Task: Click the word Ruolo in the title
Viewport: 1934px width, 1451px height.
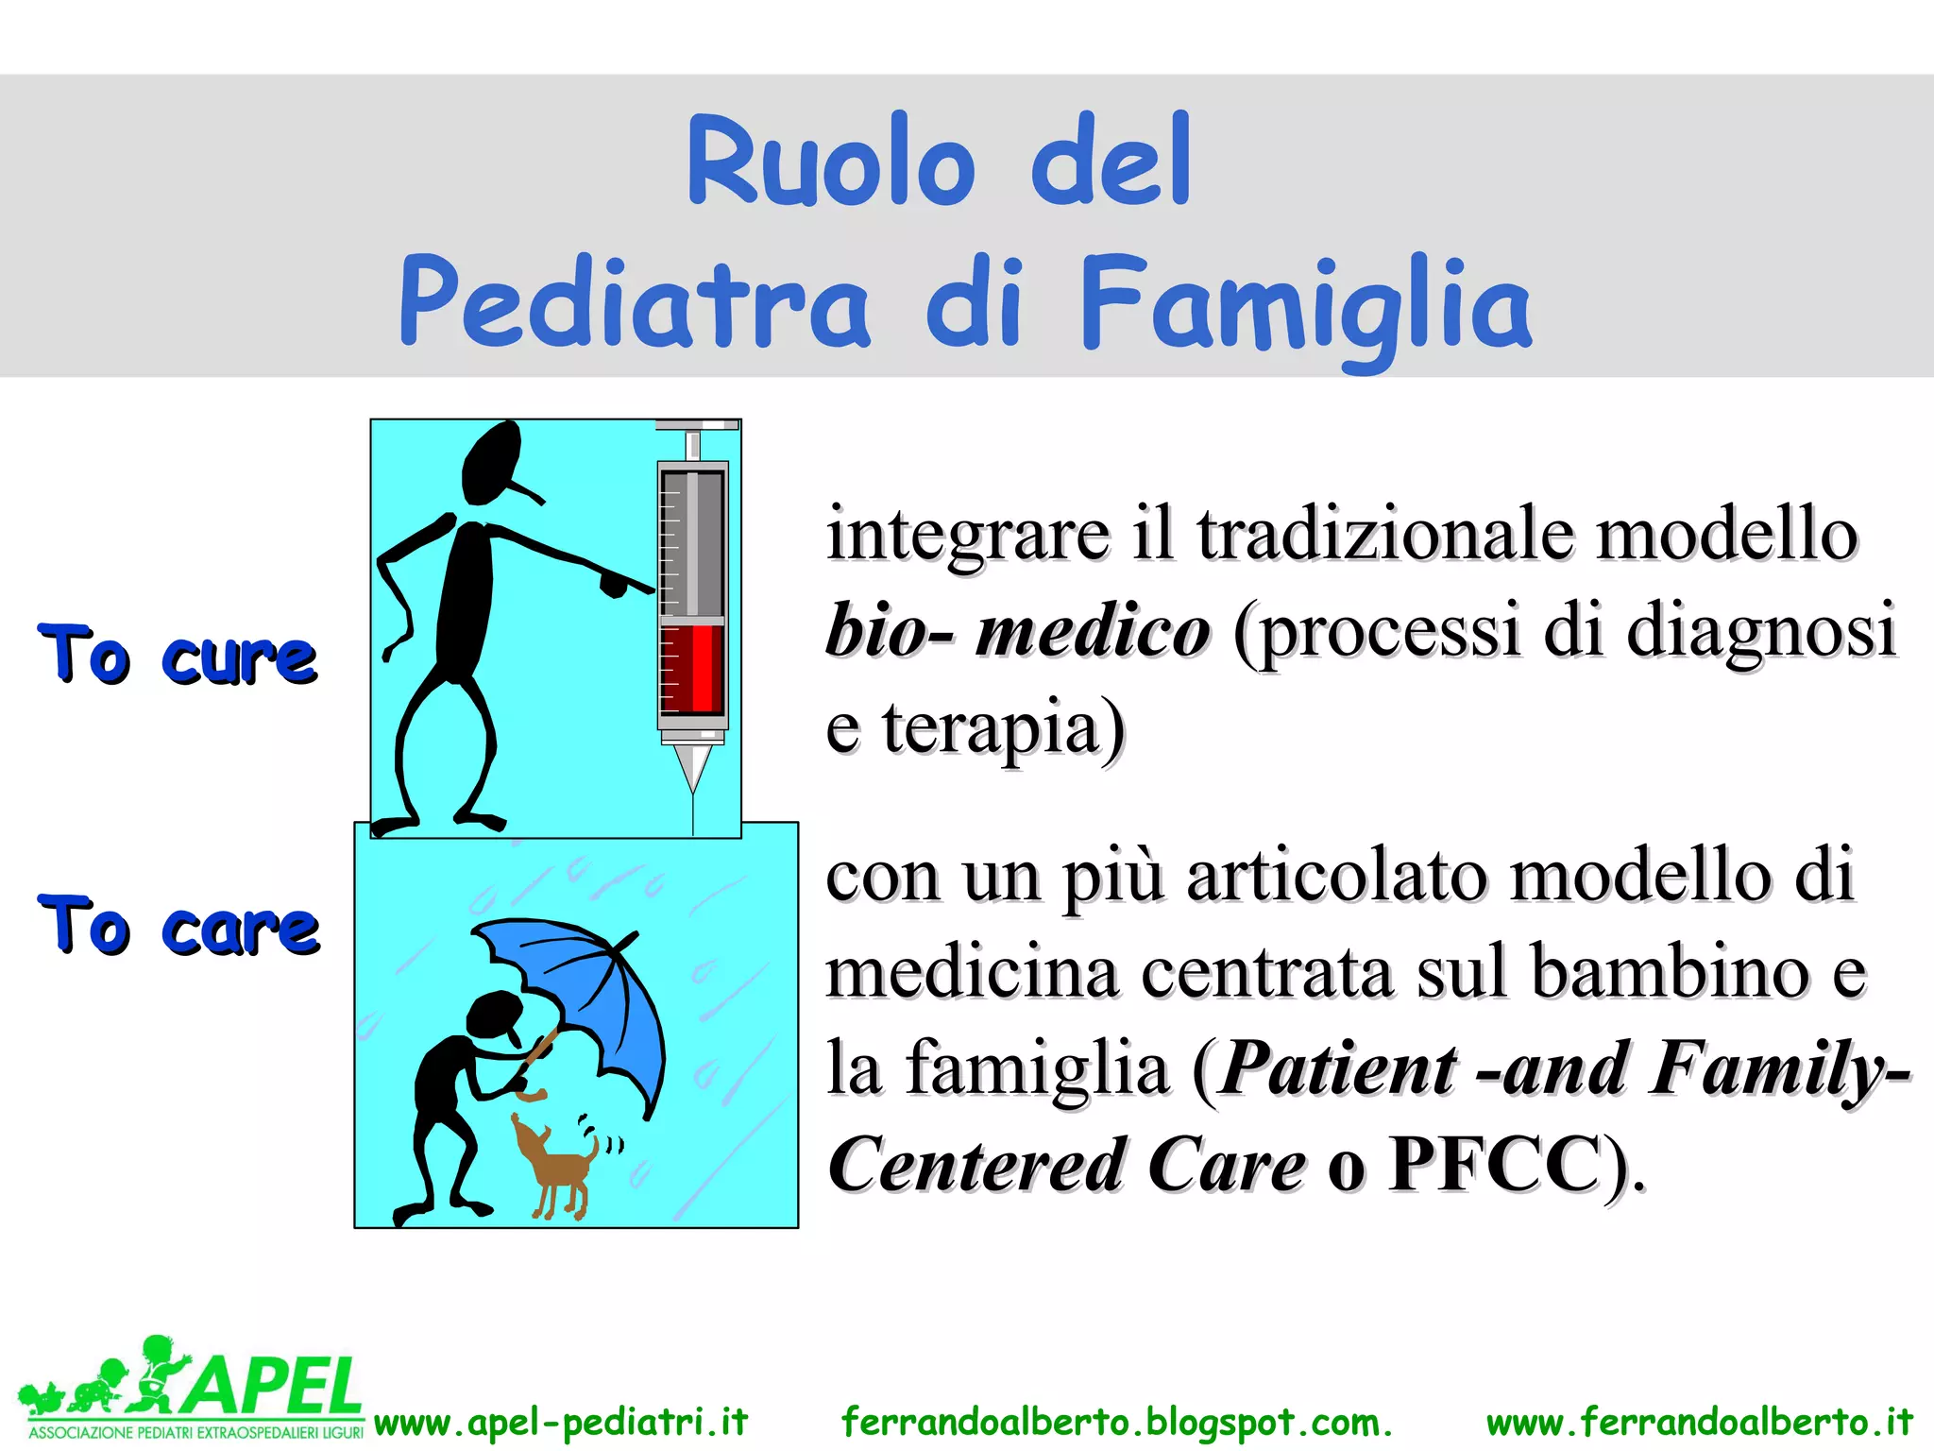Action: [x=831, y=161]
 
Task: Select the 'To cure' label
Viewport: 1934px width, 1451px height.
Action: [x=178, y=654]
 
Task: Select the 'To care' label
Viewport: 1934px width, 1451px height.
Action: [x=179, y=926]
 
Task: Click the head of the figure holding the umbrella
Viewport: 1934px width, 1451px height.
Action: [x=494, y=1016]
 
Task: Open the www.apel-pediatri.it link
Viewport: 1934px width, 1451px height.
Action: [x=561, y=1423]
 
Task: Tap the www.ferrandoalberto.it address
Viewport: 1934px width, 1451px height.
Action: [x=1700, y=1423]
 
